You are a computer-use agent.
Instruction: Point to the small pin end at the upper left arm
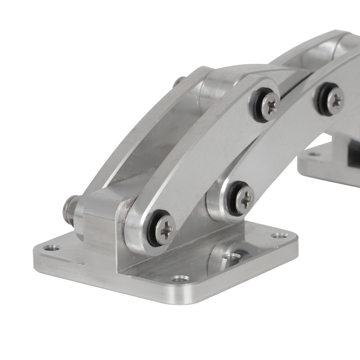179,81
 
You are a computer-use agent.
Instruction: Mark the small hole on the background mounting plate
313,154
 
